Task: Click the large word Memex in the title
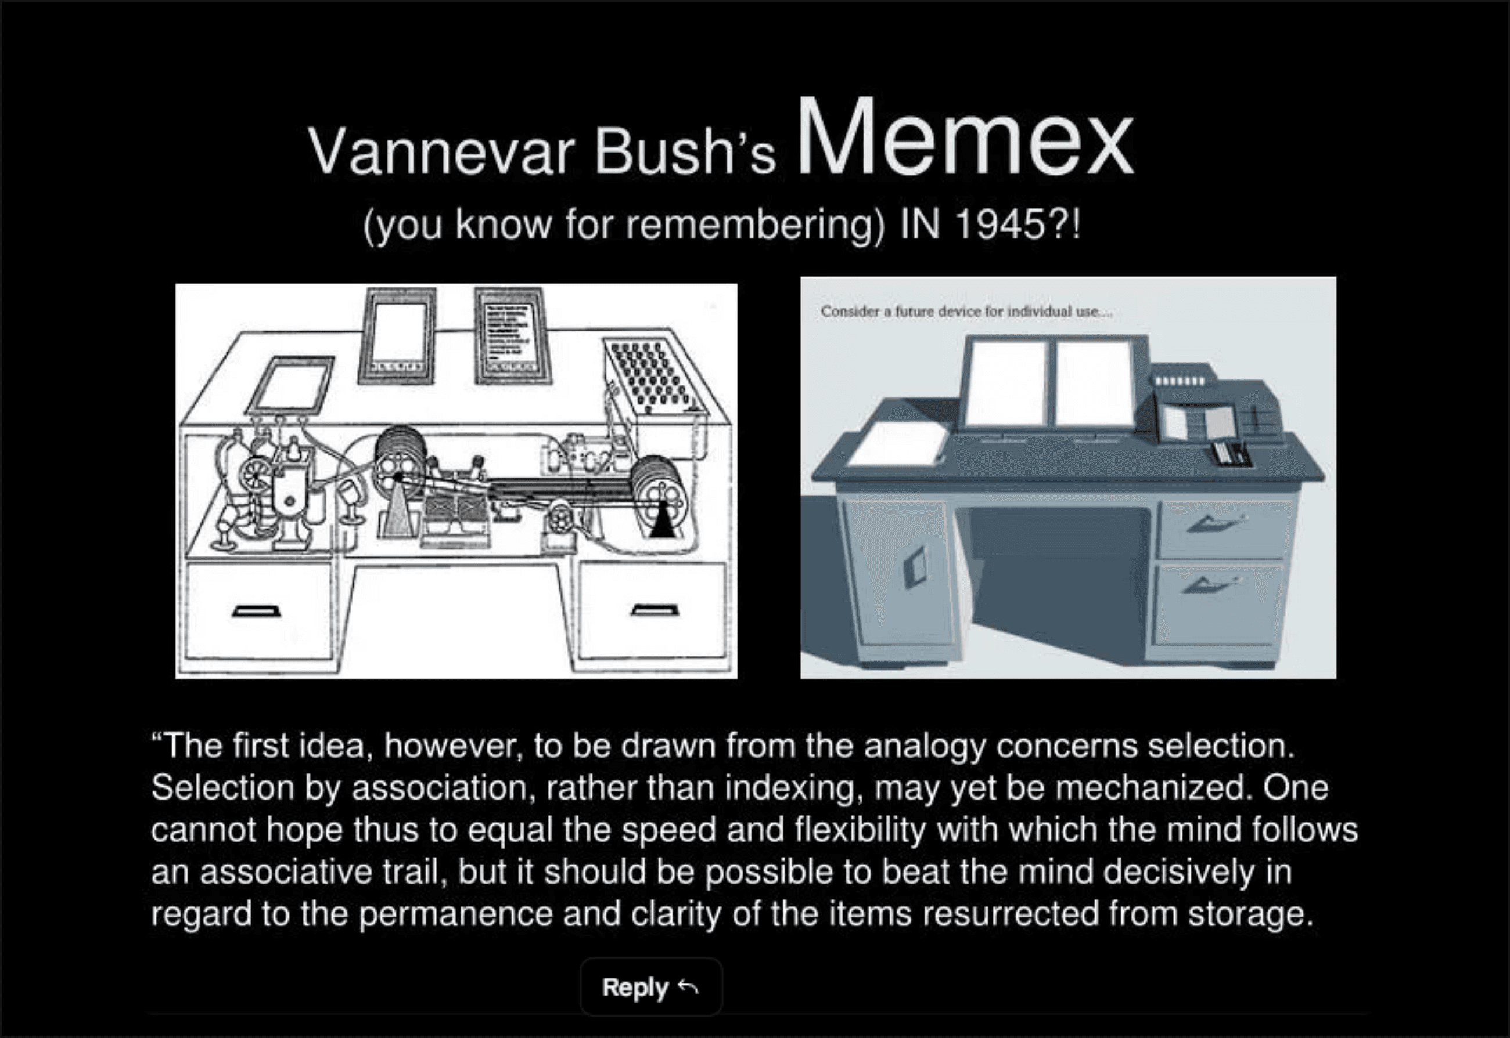(965, 138)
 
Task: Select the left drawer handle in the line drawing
(257, 611)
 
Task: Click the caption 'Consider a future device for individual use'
(966, 312)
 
